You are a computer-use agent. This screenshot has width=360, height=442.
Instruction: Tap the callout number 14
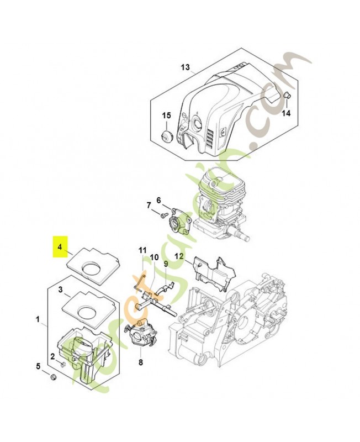[286, 113]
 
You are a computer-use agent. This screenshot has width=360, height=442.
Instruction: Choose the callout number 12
[178, 256]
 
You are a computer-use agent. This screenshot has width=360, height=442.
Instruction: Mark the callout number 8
[140, 362]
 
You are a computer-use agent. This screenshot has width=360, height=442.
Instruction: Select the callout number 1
[38, 319]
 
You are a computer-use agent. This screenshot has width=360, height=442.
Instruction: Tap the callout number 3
[61, 289]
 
